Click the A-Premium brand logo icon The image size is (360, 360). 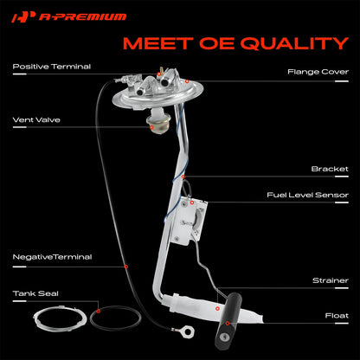pyautogui.click(x=23, y=17)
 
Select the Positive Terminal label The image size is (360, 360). pyautogui.click(x=52, y=67)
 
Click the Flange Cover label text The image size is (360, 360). pyautogui.click(x=318, y=72)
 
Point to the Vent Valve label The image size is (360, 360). pyautogui.click(x=36, y=120)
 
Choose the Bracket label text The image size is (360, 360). pyautogui.click(x=330, y=169)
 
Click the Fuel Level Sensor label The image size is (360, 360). pyautogui.click(x=307, y=195)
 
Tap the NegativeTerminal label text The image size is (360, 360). pyautogui.click(x=52, y=257)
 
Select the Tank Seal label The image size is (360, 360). pyautogui.click(x=35, y=293)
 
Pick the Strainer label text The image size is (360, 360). pyautogui.click(x=331, y=280)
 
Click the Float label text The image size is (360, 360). pyautogui.click(x=337, y=316)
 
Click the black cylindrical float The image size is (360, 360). pyautogui.click(x=228, y=320)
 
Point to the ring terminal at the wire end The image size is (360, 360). pyautogui.click(x=189, y=331)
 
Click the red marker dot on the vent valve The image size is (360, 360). pyautogui.click(x=151, y=127)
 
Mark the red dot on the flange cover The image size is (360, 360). pyautogui.click(x=187, y=81)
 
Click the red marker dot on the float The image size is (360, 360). pyautogui.click(x=228, y=324)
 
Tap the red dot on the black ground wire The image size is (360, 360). pyautogui.click(x=126, y=267)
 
